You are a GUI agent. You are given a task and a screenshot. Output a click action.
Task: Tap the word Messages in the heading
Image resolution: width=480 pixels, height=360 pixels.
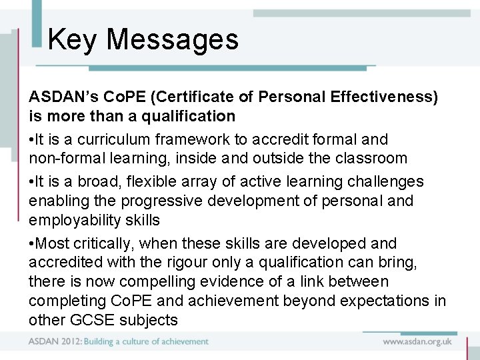point(172,39)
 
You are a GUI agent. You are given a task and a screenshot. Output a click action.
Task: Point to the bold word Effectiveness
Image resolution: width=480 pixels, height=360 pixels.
point(380,97)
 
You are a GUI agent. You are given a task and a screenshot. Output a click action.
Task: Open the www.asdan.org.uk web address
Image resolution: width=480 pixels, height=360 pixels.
point(417,341)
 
